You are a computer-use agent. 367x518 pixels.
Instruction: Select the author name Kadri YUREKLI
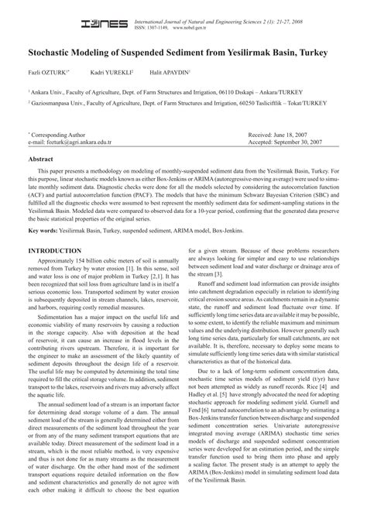point(111,72)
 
